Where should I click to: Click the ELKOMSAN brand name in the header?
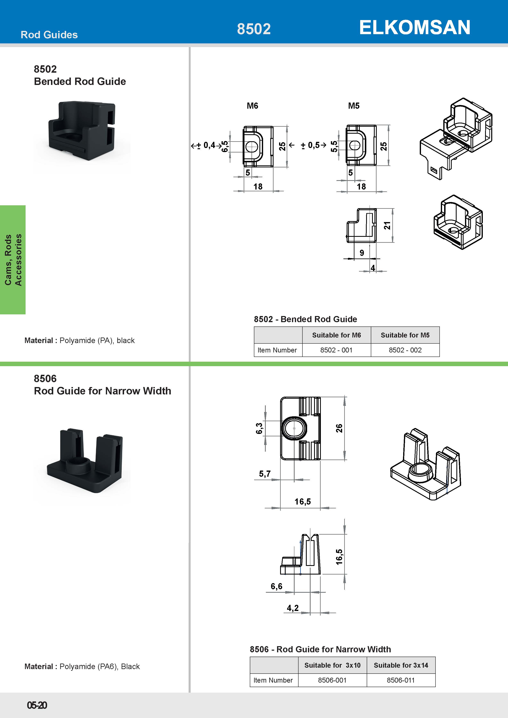[x=414, y=27]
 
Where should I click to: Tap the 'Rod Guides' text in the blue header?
[x=49, y=35]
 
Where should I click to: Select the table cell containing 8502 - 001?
[x=336, y=350]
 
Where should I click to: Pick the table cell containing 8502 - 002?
[x=405, y=350]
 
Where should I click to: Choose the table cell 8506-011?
[x=401, y=680]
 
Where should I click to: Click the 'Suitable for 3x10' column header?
[x=332, y=665]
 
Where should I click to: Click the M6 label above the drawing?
[x=252, y=106]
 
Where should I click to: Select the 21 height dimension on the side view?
[x=387, y=226]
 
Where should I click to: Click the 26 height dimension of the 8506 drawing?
[x=339, y=428]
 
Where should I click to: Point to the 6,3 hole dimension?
[x=259, y=428]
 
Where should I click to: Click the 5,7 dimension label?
[x=265, y=474]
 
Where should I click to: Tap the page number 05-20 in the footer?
[x=37, y=705]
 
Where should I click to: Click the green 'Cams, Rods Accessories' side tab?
[x=13, y=260]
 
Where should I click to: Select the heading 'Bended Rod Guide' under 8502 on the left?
[x=80, y=81]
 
